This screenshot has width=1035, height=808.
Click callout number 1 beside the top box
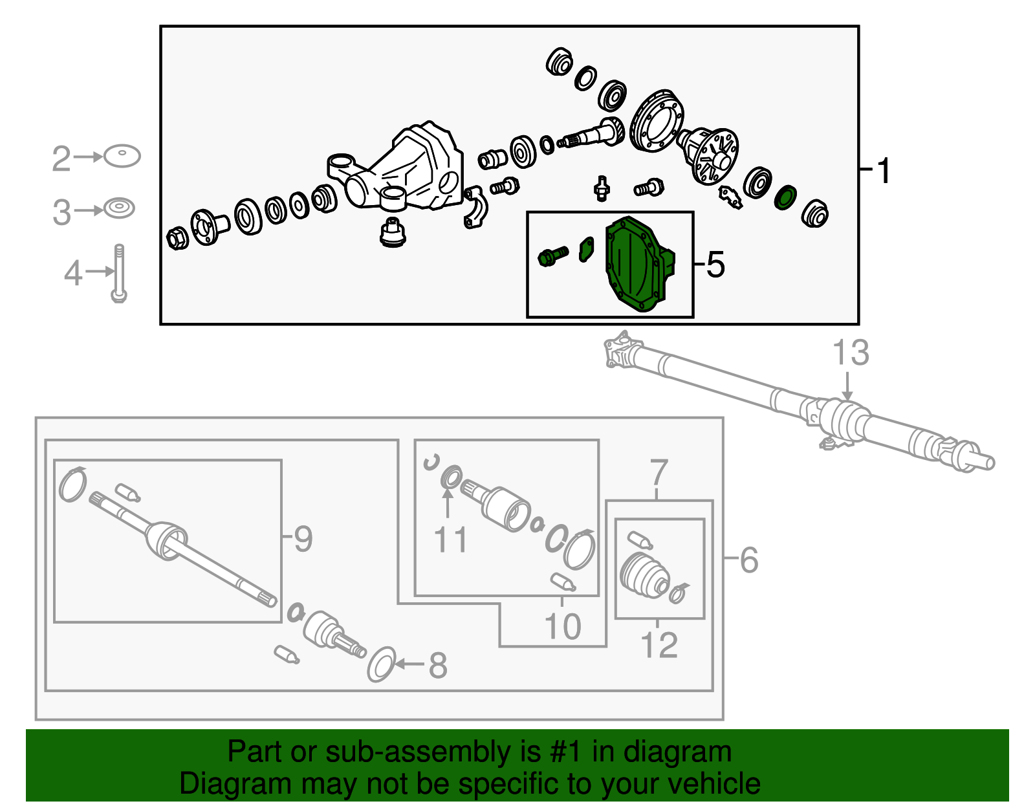(883, 171)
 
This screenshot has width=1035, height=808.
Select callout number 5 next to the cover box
(715, 265)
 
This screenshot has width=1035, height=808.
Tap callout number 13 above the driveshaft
(850, 353)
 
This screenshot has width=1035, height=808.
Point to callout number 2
(61, 158)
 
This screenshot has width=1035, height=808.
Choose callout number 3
(61, 212)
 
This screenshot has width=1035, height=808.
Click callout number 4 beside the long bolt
(72, 273)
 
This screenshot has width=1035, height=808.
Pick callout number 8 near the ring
(438, 666)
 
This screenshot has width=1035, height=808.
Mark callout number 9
(303, 538)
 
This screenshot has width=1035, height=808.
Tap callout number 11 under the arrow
(450, 540)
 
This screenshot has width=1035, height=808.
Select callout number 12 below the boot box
(659, 646)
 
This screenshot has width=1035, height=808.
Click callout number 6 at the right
(748, 560)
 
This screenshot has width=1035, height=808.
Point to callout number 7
(659, 472)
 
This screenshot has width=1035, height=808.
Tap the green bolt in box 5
(552, 256)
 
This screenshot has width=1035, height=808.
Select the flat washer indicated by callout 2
(122, 156)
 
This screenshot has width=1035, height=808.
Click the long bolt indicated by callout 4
(118, 273)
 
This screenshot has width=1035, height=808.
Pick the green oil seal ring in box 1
(785, 197)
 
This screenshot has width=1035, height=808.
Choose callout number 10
(562, 626)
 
